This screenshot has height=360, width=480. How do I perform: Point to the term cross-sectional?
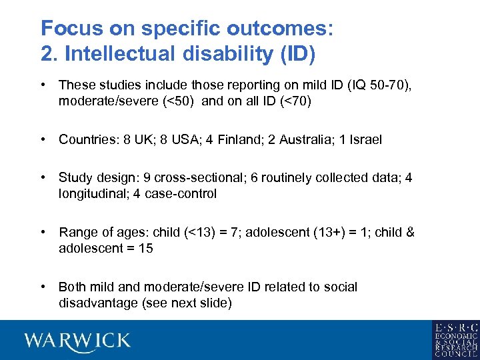point(189,178)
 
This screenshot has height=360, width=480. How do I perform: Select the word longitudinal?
point(91,194)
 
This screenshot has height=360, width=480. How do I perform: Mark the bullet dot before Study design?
point(43,178)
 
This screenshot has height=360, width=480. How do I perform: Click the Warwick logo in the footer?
point(77,341)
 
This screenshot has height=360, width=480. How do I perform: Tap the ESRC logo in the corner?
point(455,340)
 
